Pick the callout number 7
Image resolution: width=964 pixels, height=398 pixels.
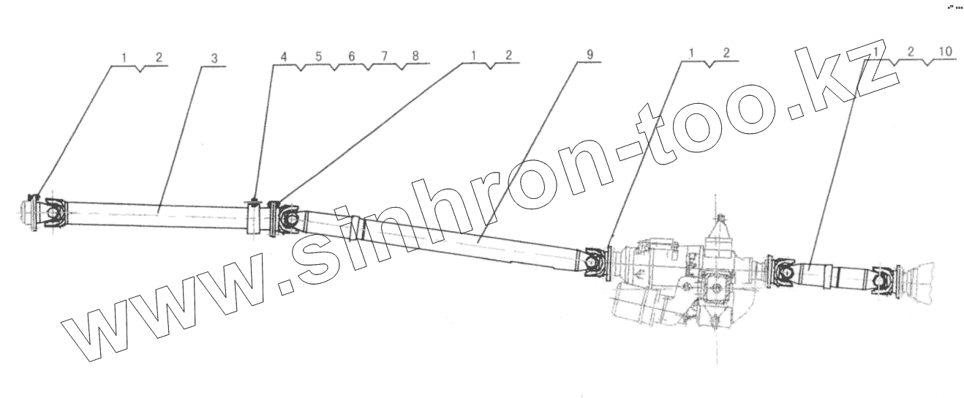383,56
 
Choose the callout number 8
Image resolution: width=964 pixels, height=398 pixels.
415,56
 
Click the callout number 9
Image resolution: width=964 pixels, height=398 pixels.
590,56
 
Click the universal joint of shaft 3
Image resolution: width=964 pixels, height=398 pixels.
51,212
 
